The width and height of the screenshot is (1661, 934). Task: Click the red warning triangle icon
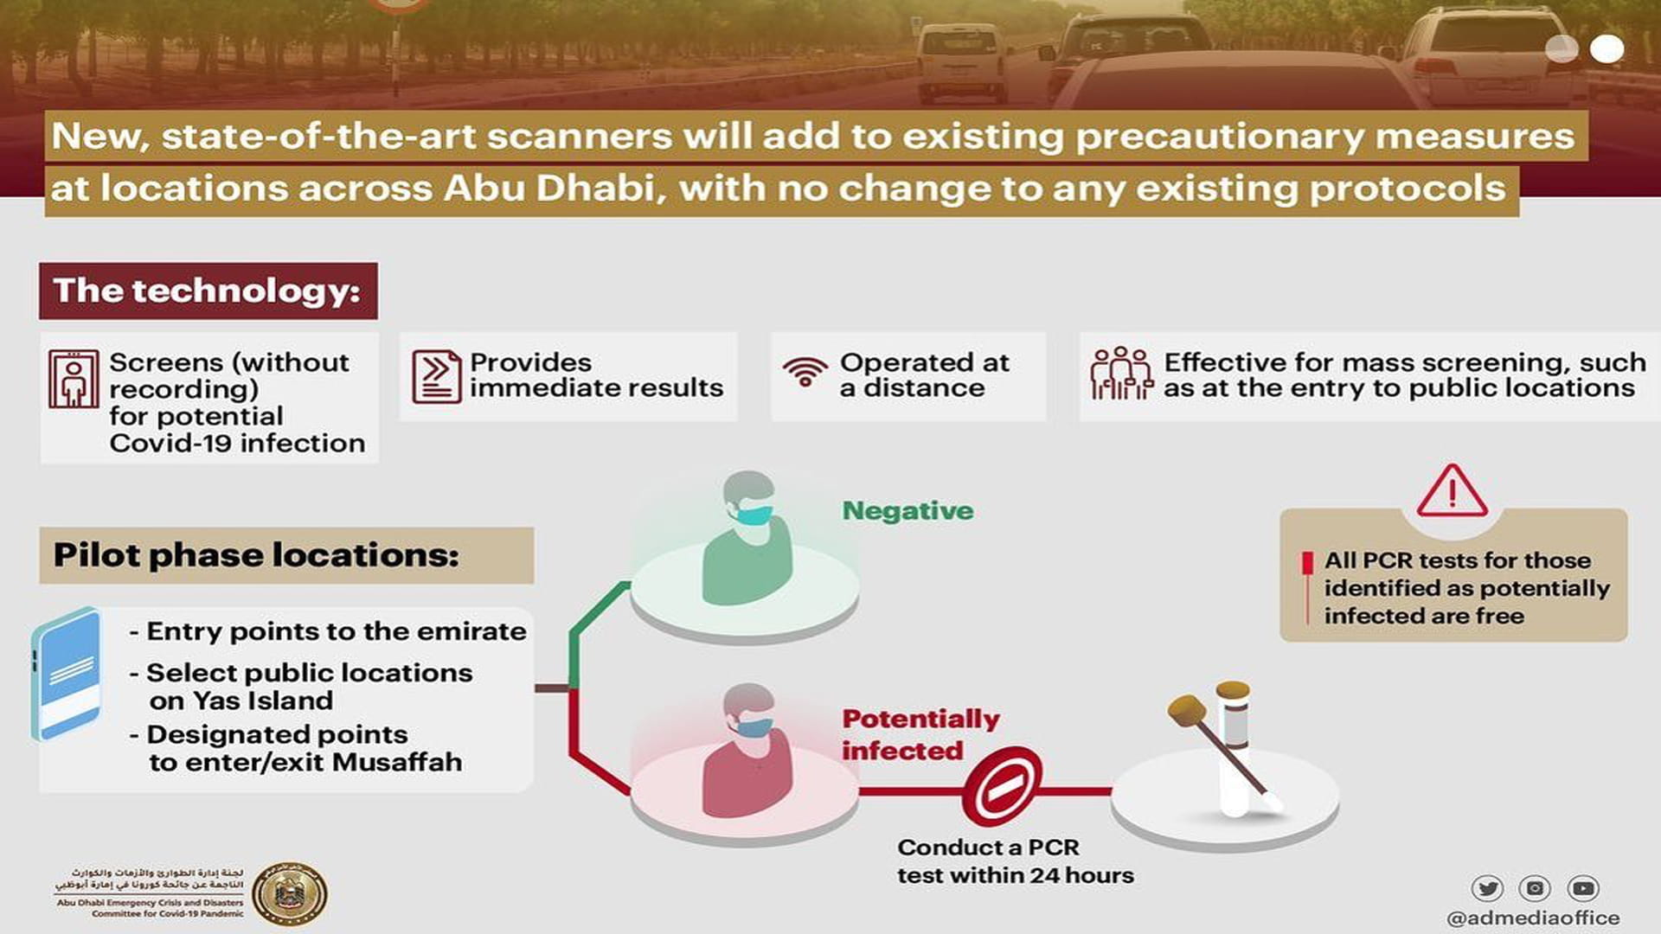[1452, 491]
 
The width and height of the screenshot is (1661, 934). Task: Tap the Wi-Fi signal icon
[805, 372]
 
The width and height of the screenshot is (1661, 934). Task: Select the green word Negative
[907, 511]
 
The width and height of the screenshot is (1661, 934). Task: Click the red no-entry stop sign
[1002, 788]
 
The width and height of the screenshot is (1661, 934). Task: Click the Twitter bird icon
[1487, 888]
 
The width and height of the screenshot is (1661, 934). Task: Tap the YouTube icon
[1583, 888]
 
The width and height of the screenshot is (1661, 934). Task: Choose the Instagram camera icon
[1535, 888]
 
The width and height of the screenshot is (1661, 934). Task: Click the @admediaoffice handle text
[1533, 918]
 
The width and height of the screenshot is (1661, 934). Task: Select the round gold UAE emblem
[289, 893]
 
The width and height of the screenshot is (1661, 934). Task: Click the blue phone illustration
[66, 673]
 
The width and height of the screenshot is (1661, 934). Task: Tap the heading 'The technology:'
[208, 291]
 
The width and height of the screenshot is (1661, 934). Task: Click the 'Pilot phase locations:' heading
[256, 555]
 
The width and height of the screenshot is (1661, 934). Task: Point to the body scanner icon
[74, 379]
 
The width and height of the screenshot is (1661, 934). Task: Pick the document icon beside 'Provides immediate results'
[436, 376]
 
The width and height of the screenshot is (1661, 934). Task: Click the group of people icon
[1121, 374]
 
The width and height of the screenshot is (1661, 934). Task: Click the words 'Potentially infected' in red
[919, 734]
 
